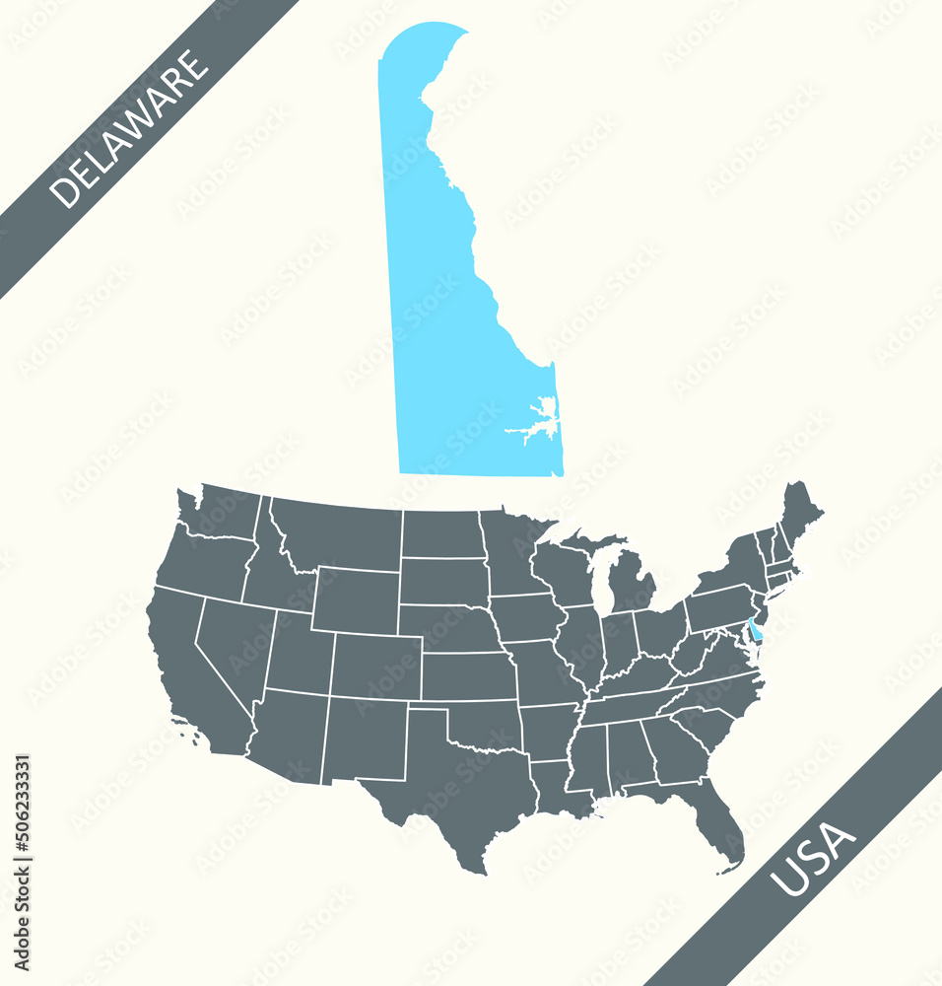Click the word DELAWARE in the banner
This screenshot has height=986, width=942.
[x=129, y=129]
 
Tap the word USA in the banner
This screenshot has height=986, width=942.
[x=813, y=861]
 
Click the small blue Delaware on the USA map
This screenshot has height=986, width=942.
[x=754, y=628]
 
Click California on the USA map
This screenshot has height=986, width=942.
[x=192, y=680]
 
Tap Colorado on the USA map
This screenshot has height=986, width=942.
[x=374, y=667]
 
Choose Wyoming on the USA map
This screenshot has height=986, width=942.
[x=355, y=600]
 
